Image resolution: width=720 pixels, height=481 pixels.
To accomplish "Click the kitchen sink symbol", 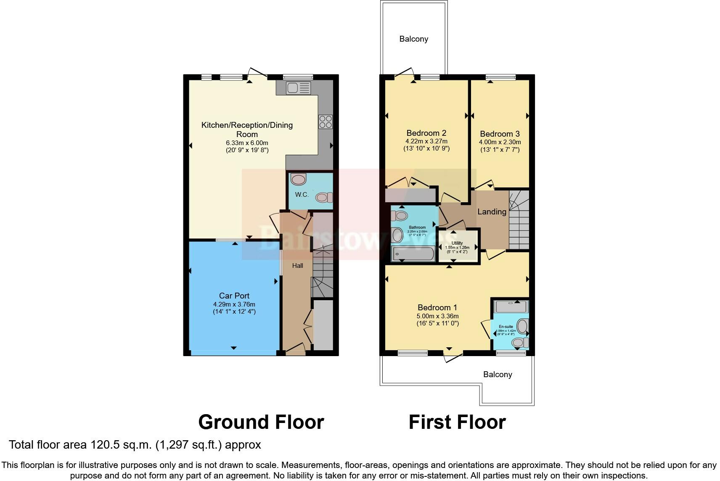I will [298, 88].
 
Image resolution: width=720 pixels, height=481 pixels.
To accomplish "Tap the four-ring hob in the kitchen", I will [326, 122].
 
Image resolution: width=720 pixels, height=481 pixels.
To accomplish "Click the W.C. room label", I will [302, 195].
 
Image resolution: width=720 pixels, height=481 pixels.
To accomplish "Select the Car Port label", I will [234, 296].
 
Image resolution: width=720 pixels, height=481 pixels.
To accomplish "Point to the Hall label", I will [298, 266].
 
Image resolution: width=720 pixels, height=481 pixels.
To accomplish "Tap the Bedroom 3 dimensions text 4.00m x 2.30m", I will [500, 142].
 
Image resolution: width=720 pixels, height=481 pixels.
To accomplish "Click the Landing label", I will [492, 211].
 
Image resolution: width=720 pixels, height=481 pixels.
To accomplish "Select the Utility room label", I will [457, 243].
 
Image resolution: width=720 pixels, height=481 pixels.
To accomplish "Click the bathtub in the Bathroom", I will [413, 254].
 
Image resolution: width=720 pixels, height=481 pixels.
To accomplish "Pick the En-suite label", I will [506, 327].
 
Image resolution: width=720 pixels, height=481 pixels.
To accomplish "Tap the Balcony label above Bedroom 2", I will [413, 39].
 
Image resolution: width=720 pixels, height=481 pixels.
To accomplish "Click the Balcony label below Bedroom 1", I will [497, 374].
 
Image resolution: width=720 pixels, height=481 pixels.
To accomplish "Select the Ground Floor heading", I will [261, 422].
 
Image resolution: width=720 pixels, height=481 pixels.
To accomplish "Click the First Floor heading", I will [457, 422].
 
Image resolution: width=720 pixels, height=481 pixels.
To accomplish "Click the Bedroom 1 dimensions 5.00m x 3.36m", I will [437, 316].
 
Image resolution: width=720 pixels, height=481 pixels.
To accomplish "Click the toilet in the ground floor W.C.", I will [324, 197].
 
